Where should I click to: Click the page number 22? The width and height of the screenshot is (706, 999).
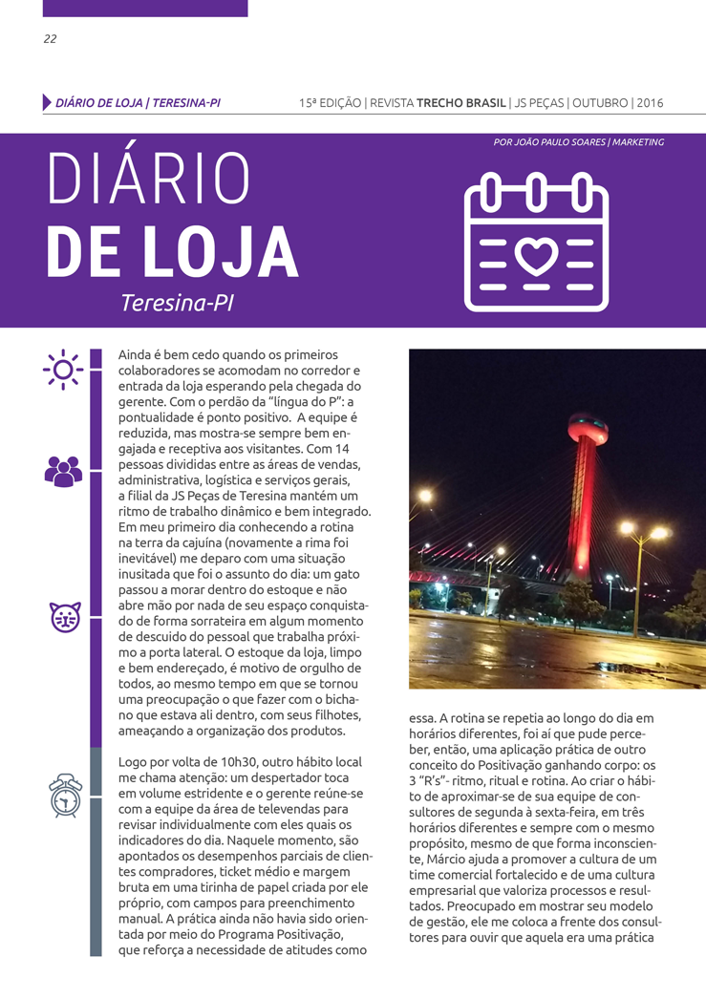pyautogui.click(x=50, y=39)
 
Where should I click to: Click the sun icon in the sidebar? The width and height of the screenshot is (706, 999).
pyautogui.click(x=63, y=369)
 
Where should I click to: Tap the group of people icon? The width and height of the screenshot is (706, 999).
pyautogui.click(x=63, y=471)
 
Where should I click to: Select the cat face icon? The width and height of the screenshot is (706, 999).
pyautogui.click(x=65, y=618)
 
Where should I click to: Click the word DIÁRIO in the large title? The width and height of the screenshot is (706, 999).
pyautogui.click(x=148, y=180)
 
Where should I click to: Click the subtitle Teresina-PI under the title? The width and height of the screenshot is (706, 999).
pyautogui.click(x=178, y=303)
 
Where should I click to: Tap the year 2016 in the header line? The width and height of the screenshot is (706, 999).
pyautogui.click(x=650, y=103)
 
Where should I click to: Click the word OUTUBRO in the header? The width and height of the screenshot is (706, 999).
pyautogui.click(x=598, y=103)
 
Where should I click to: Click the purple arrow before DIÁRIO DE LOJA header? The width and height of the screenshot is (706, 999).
pyautogui.click(x=47, y=102)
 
